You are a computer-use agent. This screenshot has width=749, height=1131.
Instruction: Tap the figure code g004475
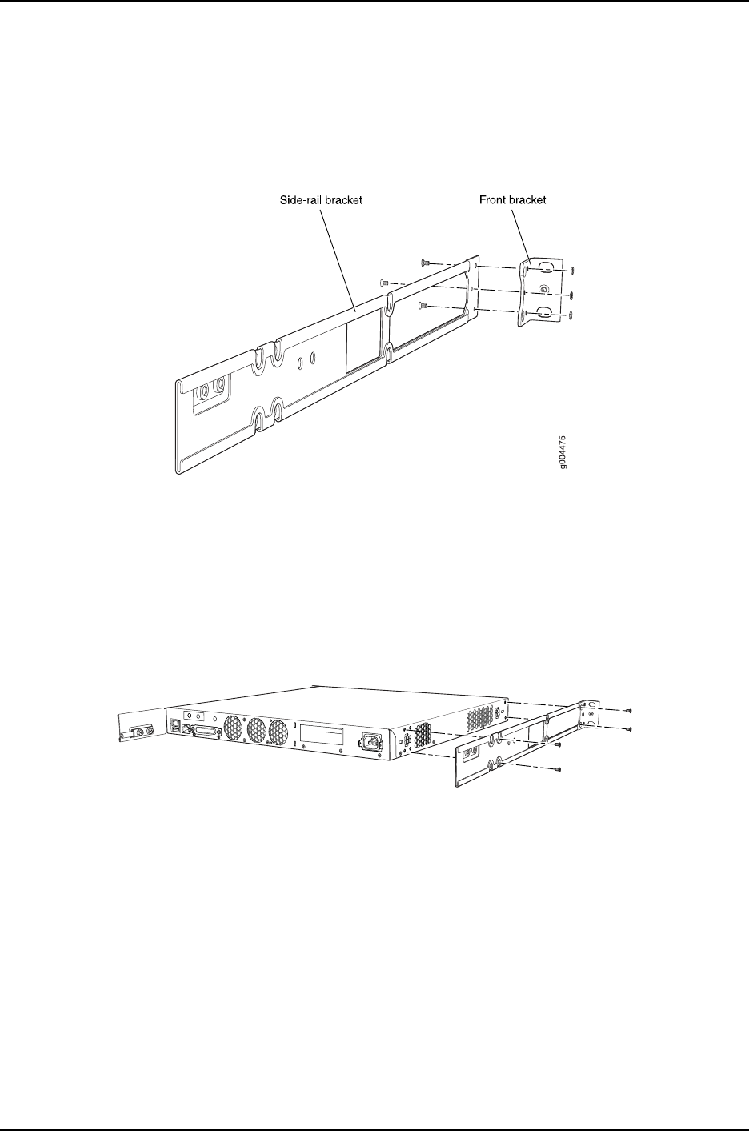click(x=565, y=453)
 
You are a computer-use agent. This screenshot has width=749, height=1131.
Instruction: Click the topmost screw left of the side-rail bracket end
click(x=424, y=262)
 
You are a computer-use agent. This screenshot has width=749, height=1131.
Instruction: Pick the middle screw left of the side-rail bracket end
click(x=384, y=282)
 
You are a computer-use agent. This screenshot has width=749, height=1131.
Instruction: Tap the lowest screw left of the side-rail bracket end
click(x=423, y=304)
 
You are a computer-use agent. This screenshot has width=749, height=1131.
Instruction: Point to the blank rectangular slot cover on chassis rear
click(x=322, y=736)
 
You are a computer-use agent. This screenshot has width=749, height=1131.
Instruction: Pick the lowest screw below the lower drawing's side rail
click(x=559, y=770)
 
